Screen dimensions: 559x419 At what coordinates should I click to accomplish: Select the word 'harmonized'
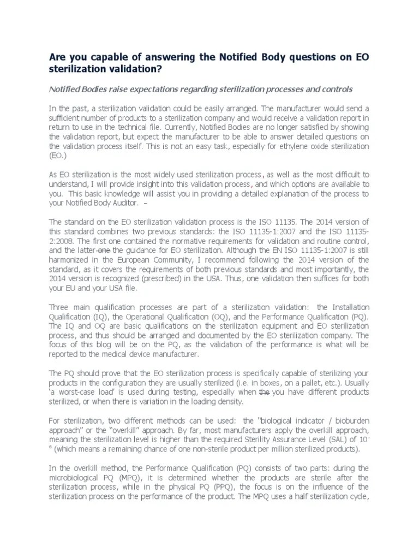click(x=70, y=260)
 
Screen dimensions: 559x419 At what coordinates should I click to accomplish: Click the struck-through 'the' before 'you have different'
click(x=264, y=392)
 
